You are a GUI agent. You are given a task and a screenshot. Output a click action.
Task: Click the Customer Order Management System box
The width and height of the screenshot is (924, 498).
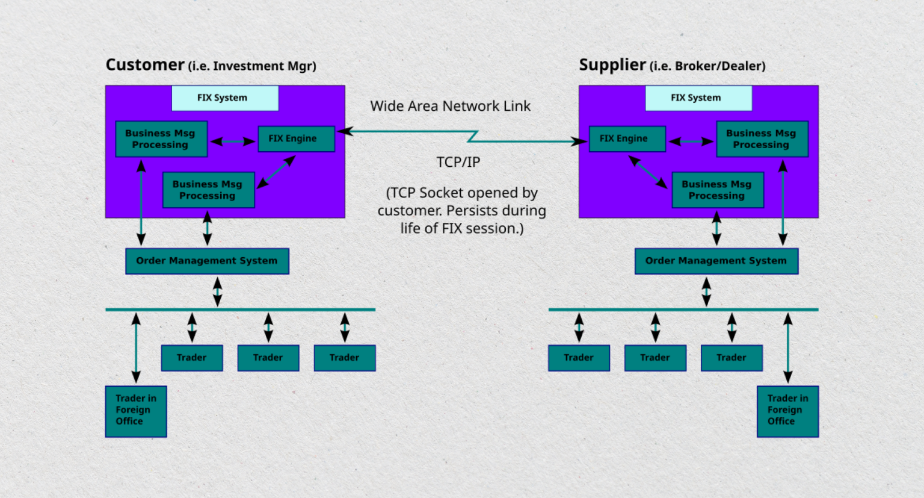207,261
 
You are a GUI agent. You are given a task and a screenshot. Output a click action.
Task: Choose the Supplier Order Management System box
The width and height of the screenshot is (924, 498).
716,261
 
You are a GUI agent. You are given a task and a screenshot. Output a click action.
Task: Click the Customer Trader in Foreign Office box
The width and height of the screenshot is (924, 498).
136,411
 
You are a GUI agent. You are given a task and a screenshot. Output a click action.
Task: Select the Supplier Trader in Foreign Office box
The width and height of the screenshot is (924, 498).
787,411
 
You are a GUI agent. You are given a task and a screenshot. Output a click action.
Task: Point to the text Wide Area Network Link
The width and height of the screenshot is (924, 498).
450,107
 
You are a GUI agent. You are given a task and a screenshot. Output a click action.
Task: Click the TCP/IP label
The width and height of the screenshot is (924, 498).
458,163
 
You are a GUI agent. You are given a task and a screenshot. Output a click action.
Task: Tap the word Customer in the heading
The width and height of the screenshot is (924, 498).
145,64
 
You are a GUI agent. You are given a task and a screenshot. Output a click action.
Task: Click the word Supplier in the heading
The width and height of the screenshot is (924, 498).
612,64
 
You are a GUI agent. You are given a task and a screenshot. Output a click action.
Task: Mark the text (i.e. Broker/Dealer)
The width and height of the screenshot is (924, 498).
707,66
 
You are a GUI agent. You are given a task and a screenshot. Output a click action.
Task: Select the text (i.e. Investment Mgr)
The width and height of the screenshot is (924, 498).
252,66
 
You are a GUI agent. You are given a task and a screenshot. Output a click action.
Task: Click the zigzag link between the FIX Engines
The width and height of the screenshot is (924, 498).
473,137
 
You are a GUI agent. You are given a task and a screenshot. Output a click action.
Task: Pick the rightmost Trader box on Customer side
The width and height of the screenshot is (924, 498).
344,358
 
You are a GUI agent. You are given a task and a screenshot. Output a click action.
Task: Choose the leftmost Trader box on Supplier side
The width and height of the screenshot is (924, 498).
579,358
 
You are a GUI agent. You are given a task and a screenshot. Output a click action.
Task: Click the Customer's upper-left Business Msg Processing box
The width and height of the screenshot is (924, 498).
161,139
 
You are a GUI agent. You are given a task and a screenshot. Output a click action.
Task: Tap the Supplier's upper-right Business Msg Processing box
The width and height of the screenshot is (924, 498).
762,139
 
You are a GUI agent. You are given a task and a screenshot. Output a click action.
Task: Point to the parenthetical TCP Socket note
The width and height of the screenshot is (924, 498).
461,211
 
